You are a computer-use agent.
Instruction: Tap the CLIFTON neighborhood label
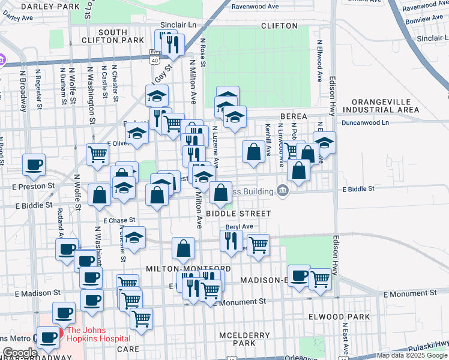[279, 26]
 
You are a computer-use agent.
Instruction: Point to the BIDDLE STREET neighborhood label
[239, 213]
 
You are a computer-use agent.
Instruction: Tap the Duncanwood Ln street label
[366, 122]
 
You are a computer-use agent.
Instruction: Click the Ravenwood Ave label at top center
[256, 7]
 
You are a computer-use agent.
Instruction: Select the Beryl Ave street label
[240, 227]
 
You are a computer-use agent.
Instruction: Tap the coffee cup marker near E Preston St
[34, 164]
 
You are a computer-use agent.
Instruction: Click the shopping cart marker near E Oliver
[97, 154]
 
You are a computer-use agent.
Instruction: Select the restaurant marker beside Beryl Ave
[231, 240]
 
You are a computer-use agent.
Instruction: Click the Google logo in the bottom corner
[19, 353]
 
